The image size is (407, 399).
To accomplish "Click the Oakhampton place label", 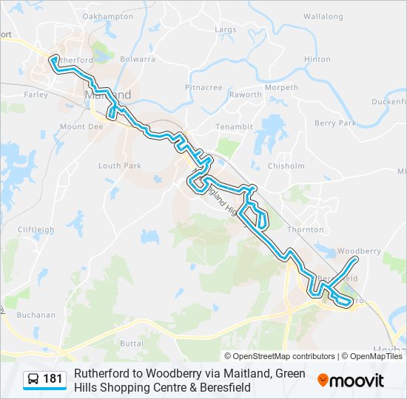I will pyautogui.click(x=108, y=16).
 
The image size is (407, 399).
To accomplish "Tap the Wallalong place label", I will pyautogui.click(x=323, y=16).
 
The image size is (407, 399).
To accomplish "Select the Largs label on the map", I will pyautogui.click(x=225, y=30).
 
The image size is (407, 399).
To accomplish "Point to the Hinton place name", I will pyautogui.click(x=317, y=59).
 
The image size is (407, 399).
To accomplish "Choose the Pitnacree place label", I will pyautogui.click(x=203, y=87).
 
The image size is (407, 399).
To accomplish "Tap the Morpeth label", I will pyautogui.click(x=282, y=87).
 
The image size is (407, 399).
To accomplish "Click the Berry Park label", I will pyautogui.click(x=335, y=123).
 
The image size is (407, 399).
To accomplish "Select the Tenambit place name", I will pyautogui.click(x=233, y=127).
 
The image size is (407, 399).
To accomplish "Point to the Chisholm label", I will pyautogui.click(x=286, y=166).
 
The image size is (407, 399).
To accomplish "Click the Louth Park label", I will pyautogui.click(x=120, y=166).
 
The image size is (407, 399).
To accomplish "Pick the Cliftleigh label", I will pyautogui.click(x=36, y=230).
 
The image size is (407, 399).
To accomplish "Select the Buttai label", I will pyautogui.click(x=131, y=344).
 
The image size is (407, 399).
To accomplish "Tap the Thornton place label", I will pyautogui.click(x=305, y=230).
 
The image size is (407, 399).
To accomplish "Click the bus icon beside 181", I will pyautogui.click(x=33, y=380).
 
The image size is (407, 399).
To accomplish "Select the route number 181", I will pyautogui.click(x=53, y=380).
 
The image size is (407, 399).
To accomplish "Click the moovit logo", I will pyautogui.click(x=351, y=381).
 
